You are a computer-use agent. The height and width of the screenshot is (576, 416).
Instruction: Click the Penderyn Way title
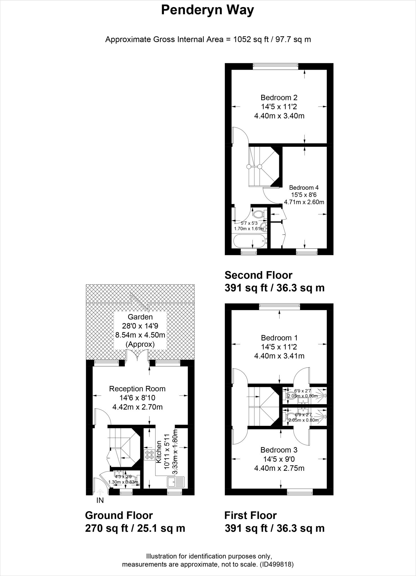207,10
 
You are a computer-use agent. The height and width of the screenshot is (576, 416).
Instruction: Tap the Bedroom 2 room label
279,98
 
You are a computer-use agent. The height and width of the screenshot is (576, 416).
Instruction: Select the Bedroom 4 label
304,187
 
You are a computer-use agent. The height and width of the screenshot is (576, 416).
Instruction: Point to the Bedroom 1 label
279,338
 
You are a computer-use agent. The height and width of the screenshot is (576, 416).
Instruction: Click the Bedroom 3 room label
279,450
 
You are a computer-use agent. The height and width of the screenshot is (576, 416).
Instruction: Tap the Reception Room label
137,389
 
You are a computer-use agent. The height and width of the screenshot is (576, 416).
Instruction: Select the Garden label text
140,317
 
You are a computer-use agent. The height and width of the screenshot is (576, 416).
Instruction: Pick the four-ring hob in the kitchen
149,455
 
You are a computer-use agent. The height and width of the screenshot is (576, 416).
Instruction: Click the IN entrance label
100,500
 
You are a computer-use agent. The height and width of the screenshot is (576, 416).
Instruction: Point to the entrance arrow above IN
100,492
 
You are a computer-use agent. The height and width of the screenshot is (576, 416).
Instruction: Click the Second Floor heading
258,275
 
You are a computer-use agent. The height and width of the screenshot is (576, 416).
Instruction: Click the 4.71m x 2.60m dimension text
304,202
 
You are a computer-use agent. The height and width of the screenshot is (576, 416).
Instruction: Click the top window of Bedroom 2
276,66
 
